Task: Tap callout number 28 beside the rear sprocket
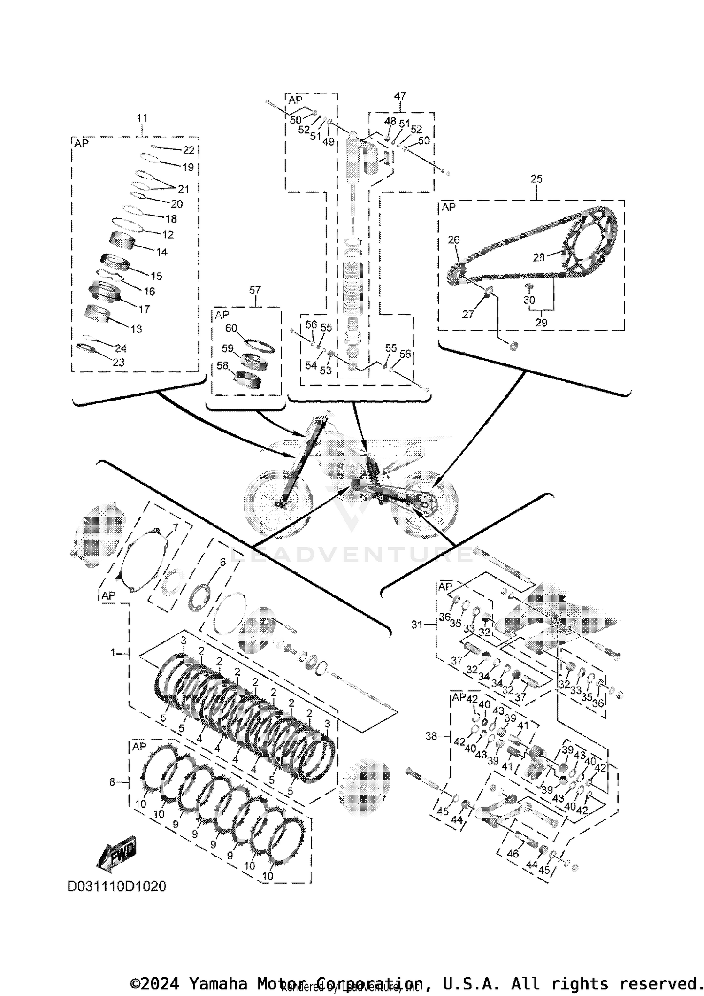tap(539, 257)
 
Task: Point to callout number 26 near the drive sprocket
tap(453, 240)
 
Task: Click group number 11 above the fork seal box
tap(142, 118)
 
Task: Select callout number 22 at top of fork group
tap(188, 150)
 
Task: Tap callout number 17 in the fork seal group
tap(144, 309)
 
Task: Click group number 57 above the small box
tap(254, 291)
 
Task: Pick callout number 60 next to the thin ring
tap(231, 328)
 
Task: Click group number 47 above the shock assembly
tap(400, 96)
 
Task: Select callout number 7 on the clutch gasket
tap(176, 527)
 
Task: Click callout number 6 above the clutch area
tap(222, 562)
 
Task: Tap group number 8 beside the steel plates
tap(112, 782)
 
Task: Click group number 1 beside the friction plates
tap(113, 653)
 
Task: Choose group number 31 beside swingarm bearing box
tap(417, 625)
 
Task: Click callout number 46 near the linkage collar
tap(513, 854)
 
